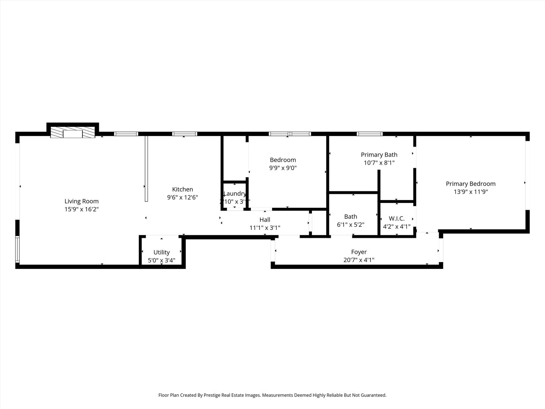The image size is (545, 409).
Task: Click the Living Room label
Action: (81, 201)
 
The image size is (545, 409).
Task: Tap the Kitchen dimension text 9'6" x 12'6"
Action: (182, 197)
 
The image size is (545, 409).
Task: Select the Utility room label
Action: (162, 252)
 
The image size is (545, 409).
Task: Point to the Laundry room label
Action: (235, 194)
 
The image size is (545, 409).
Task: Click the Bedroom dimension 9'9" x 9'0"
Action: (283, 168)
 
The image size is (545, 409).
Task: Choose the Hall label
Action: (265, 220)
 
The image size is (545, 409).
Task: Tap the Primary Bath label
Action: (379, 155)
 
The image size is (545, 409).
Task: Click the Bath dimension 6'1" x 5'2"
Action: (350, 225)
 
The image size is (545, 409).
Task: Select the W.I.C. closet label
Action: (397, 219)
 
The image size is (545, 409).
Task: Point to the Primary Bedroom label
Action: (470, 184)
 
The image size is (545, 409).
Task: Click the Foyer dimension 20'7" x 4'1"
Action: (359, 260)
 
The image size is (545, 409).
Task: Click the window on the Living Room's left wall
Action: (17, 249)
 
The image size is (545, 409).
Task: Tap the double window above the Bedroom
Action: (290, 134)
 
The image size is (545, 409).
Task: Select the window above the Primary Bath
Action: (370, 134)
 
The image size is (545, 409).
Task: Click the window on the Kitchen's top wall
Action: (185, 134)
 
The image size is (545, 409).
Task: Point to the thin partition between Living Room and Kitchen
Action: (146, 169)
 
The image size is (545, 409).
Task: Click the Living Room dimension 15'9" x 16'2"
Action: (81, 209)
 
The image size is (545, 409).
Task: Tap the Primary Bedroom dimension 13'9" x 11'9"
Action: (470, 192)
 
